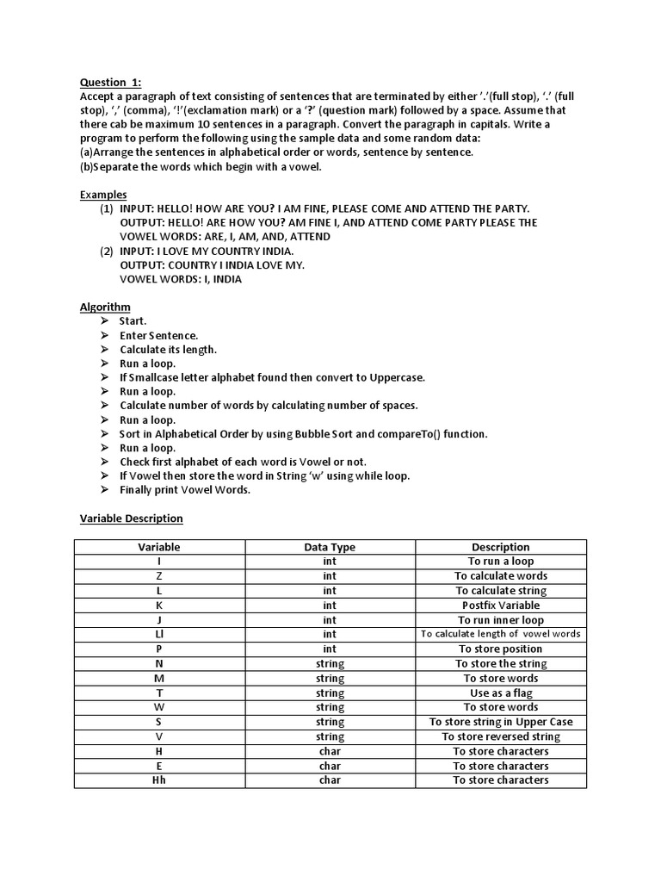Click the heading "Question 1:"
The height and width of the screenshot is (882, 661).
point(110,83)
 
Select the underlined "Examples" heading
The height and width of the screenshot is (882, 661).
point(103,195)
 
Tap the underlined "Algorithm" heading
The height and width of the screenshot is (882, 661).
point(105,307)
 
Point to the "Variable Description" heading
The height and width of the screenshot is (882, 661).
point(132,519)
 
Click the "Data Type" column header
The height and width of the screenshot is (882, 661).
point(330,547)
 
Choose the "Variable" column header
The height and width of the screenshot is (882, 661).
point(159,547)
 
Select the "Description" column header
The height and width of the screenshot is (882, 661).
point(500,547)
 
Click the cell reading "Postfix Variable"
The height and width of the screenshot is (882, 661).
point(500,606)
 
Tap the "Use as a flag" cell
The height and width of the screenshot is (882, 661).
point(500,693)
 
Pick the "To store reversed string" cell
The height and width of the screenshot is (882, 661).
point(500,736)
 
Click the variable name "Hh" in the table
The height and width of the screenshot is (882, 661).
point(159,780)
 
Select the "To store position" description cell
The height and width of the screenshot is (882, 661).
point(500,649)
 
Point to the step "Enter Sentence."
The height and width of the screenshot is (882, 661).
point(158,335)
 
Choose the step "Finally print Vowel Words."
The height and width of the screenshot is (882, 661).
point(184,490)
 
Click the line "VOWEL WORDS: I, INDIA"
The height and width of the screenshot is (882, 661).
point(181,279)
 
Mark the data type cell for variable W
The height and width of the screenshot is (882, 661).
point(330,707)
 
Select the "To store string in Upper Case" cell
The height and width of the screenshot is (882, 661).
point(500,722)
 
